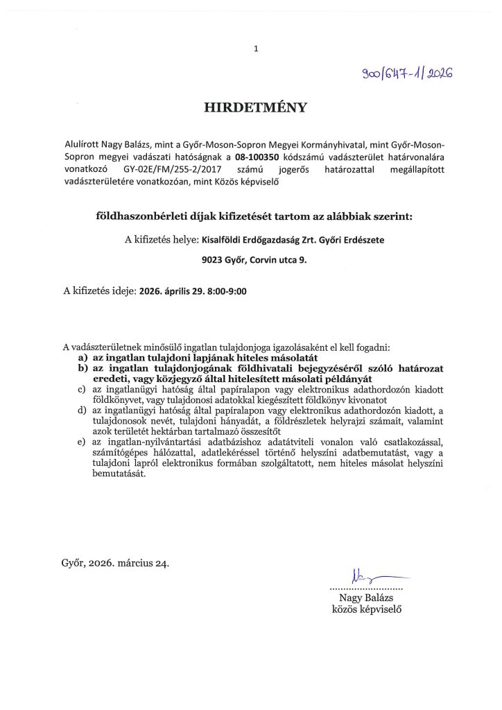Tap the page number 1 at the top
[x=256, y=49]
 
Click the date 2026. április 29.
[x=170, y=292]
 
